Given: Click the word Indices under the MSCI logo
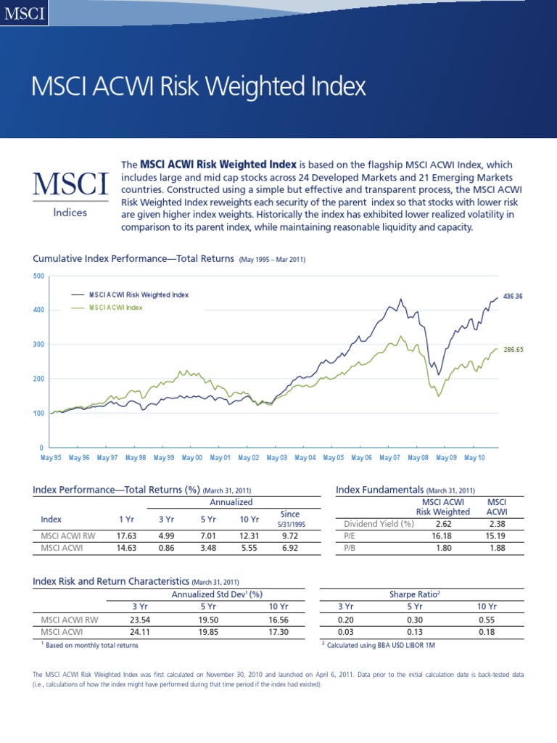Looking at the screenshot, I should [x=70, y=213].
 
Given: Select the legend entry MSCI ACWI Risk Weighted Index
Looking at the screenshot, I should [x=138, y=295].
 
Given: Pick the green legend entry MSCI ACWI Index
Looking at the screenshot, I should [x=115, y=308].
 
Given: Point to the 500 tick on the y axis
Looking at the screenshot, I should [x=38, y=276].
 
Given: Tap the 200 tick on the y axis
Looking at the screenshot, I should [x=38, y=379].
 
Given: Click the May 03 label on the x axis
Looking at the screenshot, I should [x=277, y=458].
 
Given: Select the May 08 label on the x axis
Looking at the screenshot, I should [x=418, y=458].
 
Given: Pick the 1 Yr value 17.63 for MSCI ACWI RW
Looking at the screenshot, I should [x=127, y=536].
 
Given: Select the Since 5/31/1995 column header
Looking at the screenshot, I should [x=289, y=519].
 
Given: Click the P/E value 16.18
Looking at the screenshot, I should [x=443, y=536].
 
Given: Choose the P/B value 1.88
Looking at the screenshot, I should [x=498, y=549].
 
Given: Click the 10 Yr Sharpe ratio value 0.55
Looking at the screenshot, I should [x=487, y=620].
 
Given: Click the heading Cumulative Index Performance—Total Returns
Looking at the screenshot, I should [x=133, y=259].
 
